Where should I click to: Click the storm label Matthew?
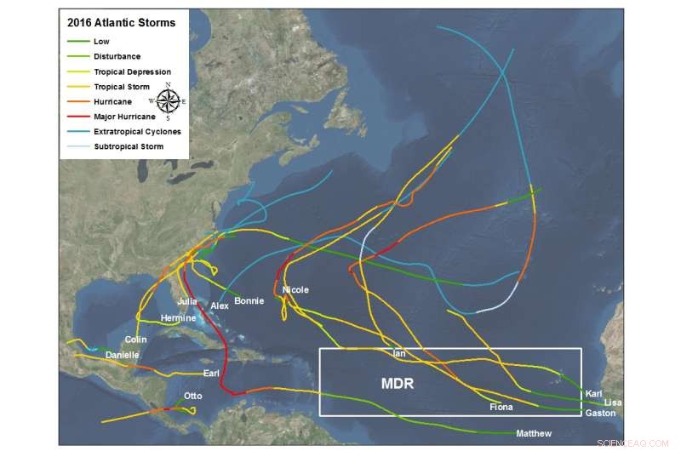click(x=534, y=434)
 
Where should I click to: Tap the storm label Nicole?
click(x=295, y=290)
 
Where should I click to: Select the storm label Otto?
click(x=193, y=397)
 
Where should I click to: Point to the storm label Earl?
click(x=212, y=374)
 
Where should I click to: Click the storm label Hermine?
click(x=178, y=318)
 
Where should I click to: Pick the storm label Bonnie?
click(x=249, y=301)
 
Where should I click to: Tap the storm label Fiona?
click(x=501, y=408)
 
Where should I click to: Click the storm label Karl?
click(x=594, y=393)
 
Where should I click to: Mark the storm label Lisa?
click(x=613, y=402)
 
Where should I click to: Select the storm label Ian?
click(x=399, y=352)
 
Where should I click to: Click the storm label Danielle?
click(x=123, y=355)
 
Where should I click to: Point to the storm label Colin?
click(x=136, y=340)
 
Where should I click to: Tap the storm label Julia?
click(x=187, y=301)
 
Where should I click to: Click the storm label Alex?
click(x=220, y=305)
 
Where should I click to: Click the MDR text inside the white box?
click(x=397, y=385)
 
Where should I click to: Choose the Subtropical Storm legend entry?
click(x=129, y=146)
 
